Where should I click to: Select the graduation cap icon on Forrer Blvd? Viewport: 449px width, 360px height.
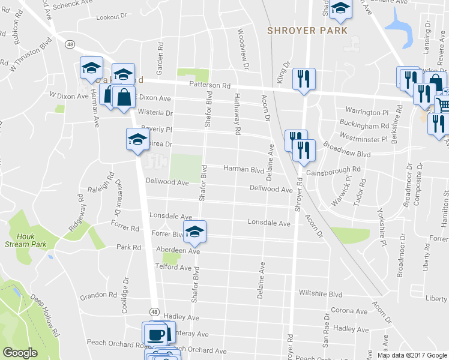click(194, 232)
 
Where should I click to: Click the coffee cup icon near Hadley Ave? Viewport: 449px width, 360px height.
click(157, 333)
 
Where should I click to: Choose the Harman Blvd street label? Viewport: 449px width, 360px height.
click(244, 169)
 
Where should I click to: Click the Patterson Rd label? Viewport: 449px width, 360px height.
click(210, 85)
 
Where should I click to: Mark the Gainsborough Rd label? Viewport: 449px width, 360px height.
click(333, 170)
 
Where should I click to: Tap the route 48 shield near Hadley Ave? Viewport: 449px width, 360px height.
click(155, 312)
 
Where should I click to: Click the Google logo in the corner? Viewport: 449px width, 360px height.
click(20, 353)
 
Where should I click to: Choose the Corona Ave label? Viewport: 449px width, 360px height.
click(349, 311)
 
